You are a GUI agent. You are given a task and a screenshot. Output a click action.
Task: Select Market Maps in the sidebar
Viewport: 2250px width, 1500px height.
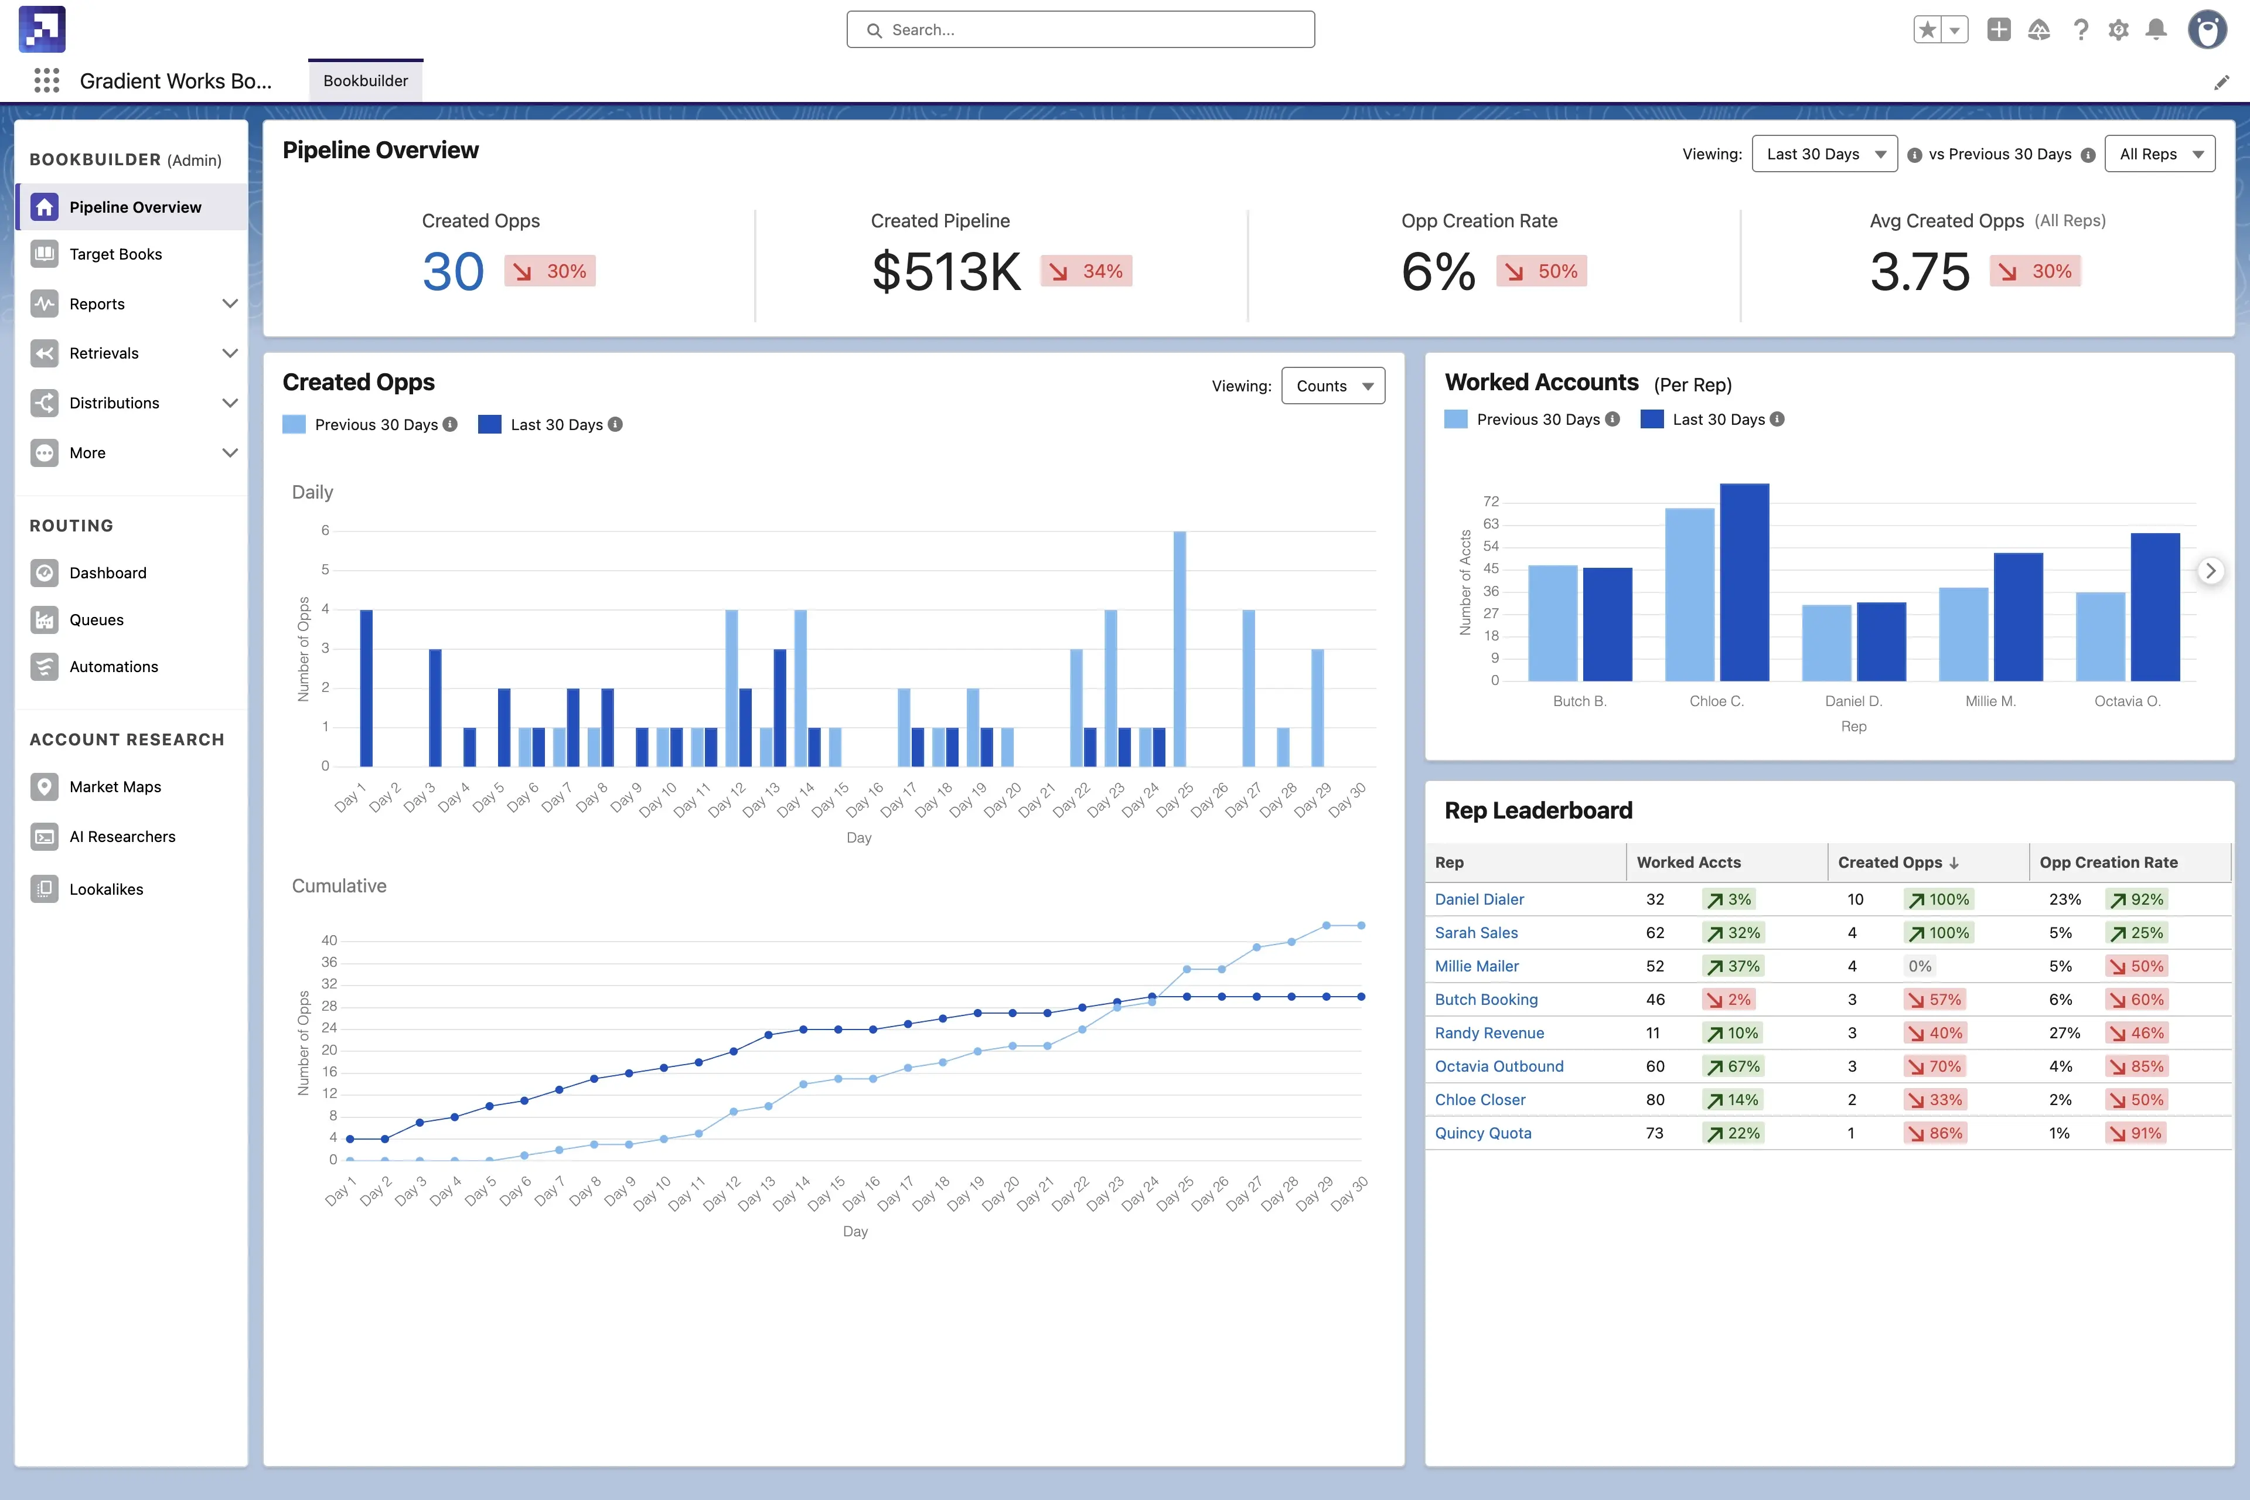click(x=115, y=786)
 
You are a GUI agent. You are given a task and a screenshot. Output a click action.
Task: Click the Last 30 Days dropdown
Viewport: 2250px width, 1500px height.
click(x=1824, y=154)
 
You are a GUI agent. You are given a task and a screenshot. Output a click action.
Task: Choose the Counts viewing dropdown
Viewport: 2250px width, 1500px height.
click(x=1332, y=386)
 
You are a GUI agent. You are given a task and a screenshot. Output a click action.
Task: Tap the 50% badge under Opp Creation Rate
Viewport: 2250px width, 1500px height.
click(x=1541, y=272)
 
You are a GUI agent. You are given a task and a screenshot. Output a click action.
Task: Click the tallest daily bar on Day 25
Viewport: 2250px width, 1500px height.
click(x=1179, y=649)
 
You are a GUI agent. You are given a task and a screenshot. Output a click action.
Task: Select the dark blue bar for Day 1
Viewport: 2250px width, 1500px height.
click(x=366, y=688)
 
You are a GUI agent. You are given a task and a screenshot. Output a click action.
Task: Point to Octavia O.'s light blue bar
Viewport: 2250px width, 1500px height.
click(x=2100, y=636)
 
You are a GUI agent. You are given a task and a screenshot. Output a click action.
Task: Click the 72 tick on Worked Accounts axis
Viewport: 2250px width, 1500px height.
click(x=1491, y=502)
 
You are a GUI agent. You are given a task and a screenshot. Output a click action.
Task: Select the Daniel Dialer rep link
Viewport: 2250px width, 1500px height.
click(x=1479, y=899)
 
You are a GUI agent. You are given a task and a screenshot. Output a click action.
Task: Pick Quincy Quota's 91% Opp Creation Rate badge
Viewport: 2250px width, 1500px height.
click(x=2136, y=1133)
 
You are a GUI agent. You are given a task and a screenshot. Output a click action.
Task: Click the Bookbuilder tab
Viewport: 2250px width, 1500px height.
click(x=366, y=80)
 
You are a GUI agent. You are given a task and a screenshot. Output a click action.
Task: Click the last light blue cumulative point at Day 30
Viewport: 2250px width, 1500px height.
click(x=1361, y=925)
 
